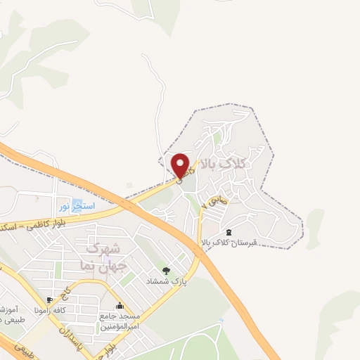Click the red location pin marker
click(181, 166)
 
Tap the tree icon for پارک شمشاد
click(166, 270)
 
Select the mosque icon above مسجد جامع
click(120, 306)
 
